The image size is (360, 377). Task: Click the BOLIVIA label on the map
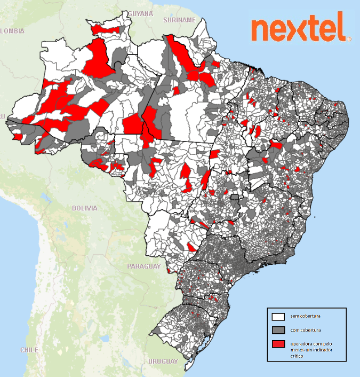[x=85, y=208]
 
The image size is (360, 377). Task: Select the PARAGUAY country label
[x=144, y=265]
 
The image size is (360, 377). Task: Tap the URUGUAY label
[x=163, y=362]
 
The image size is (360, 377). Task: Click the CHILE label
[x=29, y=350]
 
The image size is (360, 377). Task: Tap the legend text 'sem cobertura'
[x=306, y=317]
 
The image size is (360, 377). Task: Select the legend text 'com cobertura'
[x=306, y=331]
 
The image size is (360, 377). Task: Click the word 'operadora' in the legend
[x=301, y=343]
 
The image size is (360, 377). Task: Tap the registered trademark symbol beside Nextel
[x=349, y=38]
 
